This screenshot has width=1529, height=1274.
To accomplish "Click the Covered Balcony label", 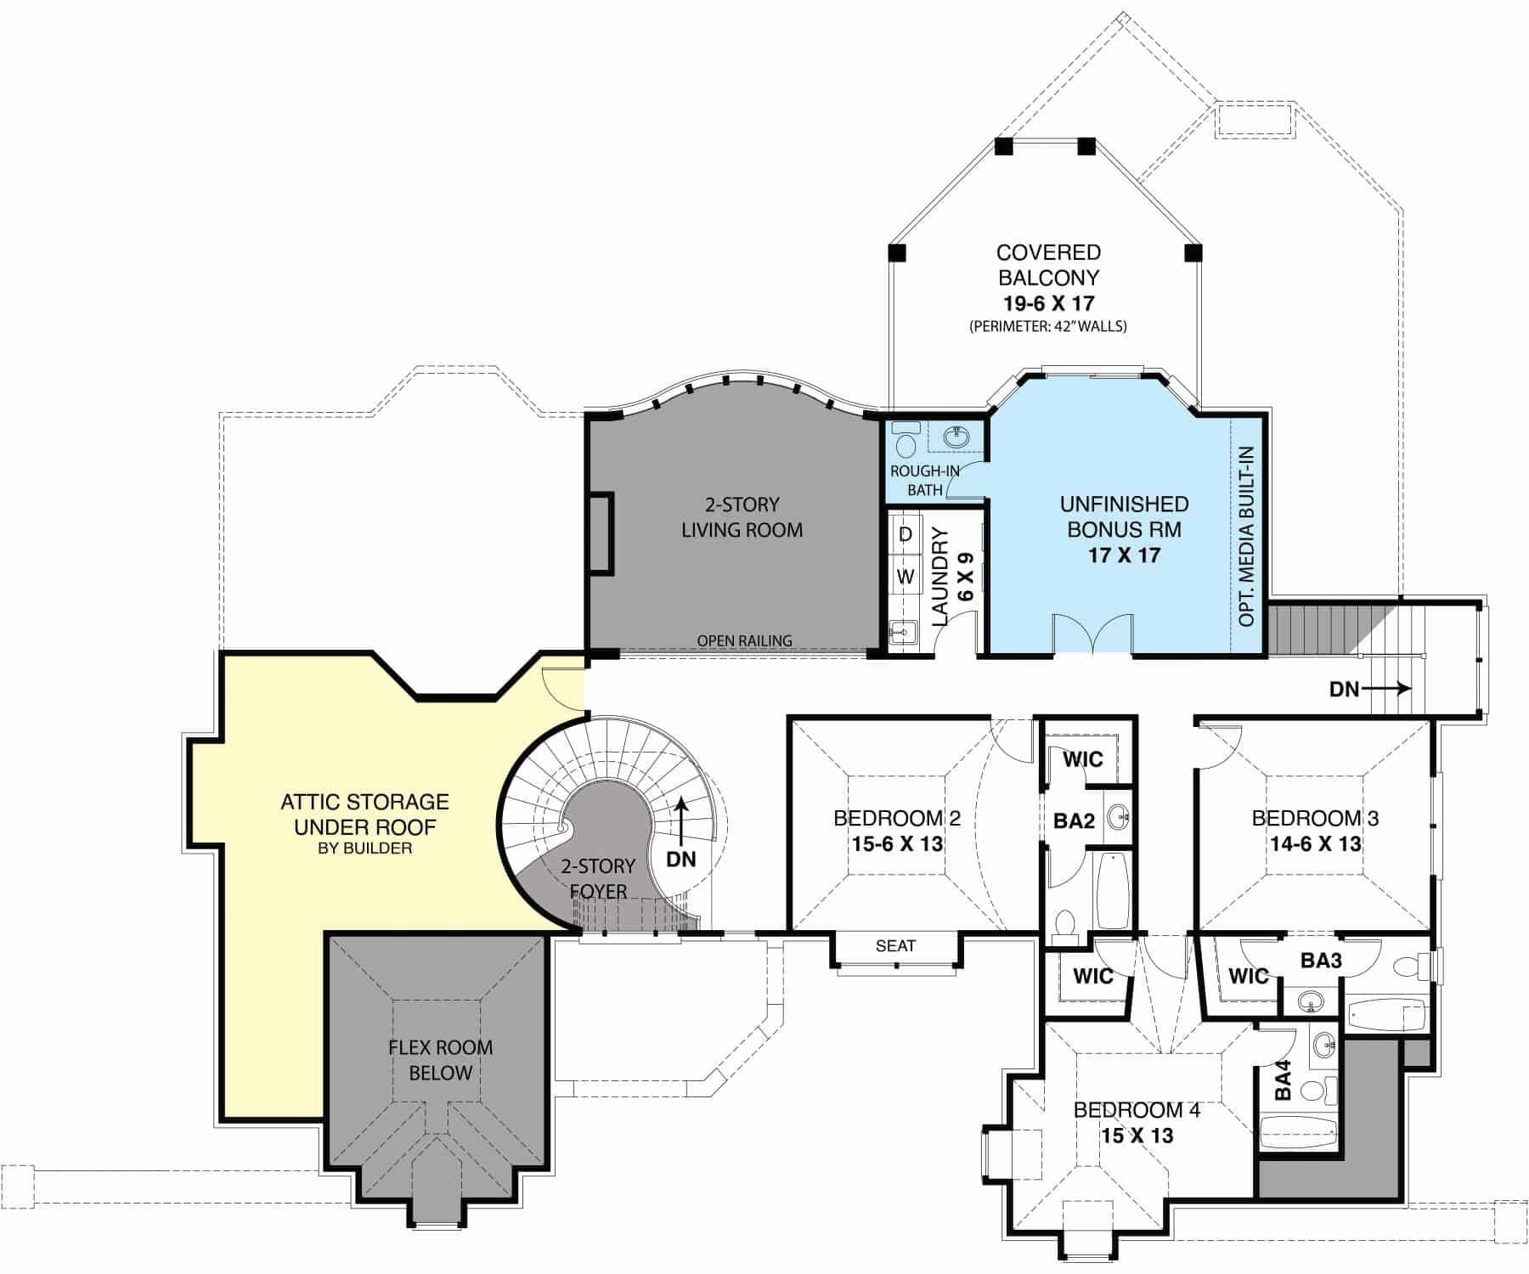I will click(1048, 265).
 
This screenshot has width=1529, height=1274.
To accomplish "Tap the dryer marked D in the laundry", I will click(906, 534).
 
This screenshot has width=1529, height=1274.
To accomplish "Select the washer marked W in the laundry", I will click(906, 577).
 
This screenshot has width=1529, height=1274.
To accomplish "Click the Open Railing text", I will click(744, 641).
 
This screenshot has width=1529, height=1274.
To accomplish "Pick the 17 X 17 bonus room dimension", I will click(1124, 555).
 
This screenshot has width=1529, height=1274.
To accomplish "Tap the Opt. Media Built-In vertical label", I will click(1246, 536).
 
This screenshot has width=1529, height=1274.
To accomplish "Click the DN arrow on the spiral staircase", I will click(680, 828).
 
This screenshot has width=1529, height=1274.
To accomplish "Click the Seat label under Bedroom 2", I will click(895, 946).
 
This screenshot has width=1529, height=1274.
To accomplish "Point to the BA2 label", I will click(1074, 821).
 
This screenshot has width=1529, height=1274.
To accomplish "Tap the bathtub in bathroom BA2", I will click(1112, 890).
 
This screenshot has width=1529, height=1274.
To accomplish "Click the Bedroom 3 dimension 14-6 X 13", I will click(1315, 844).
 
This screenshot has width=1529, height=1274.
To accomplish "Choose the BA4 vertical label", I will click(1283, 1080).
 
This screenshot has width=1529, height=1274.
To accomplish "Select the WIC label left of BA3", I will click(1248, 976).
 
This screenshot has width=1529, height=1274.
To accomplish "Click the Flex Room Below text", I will click(440, 1060).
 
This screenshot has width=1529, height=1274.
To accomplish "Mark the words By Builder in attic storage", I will click(365, 848).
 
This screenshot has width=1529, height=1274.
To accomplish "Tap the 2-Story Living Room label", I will click(742, 517).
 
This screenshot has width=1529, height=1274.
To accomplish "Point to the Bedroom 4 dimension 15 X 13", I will click(1137, 1136).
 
